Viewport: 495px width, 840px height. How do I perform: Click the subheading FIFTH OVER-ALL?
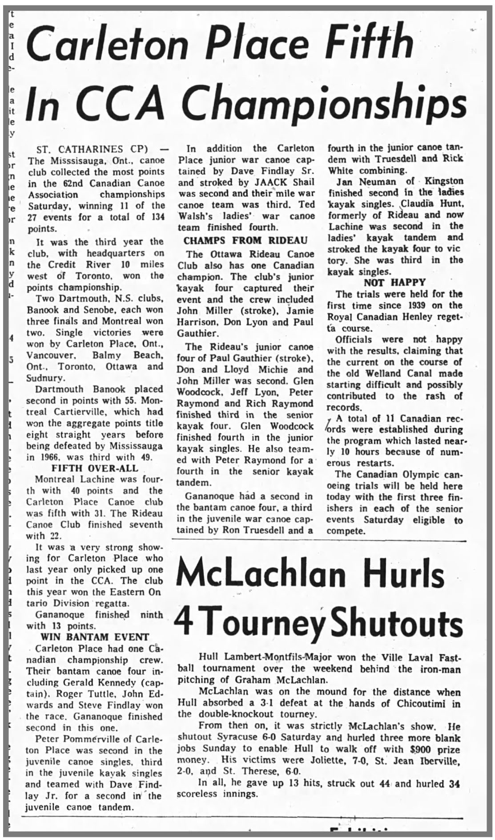(x=95, y=468)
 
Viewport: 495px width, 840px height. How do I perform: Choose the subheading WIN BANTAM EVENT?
(x=95, y=637)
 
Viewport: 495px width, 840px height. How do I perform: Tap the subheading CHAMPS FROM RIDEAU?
(x=245, y=240)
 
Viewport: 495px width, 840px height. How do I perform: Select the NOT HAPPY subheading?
(x=394, y=282)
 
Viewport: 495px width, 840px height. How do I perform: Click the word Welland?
(x=385, y=373)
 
